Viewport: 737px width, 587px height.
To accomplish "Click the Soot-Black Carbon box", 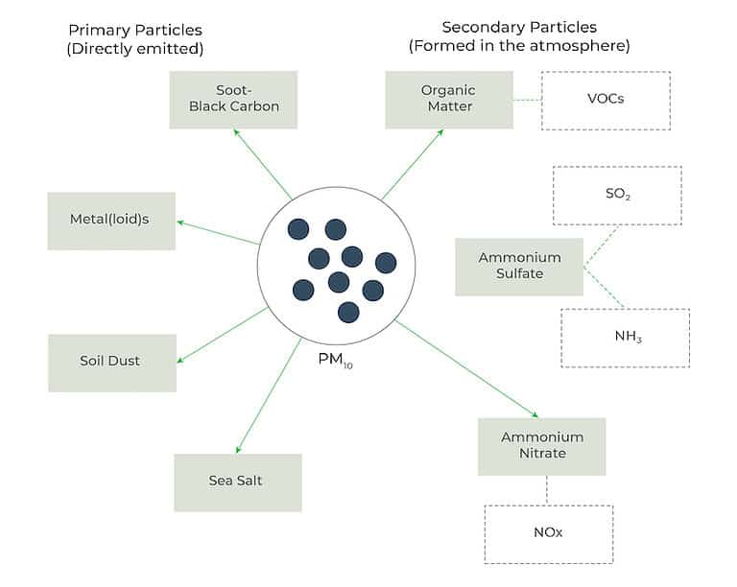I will pyautogui.click(x=233, y=99).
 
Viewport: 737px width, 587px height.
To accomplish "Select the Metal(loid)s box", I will pyautogui.click(x=111, y=221).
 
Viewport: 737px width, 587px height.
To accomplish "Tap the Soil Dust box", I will pyautogui.click(x=111, y=363).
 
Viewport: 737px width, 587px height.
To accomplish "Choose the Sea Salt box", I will pyautogui.click(x=237, y=481).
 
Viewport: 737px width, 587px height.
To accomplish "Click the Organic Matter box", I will pyautogui.click(x=448, y=99).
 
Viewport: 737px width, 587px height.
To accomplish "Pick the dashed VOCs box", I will pyautogui.click(x=605, y=100).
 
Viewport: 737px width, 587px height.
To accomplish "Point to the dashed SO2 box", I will pyautogui.click(x=616, y=195).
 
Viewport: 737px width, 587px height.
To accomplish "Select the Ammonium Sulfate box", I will pyautogui.click(x=519, y=267).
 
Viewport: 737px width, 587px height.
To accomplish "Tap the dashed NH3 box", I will pyautogui.click(x=625, y=338).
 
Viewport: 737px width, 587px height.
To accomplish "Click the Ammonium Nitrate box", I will pyautogui.click(x=542, y=446).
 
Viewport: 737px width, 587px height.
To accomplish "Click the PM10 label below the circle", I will pyautogui.click(x=336, y=363).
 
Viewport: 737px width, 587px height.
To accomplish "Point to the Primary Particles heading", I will pyautogui.click(x=135, y=38).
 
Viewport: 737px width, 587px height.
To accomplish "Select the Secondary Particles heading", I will pyautogui.click(x=519, y=35).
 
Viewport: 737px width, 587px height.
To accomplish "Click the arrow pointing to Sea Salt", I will pyautogui.click(x=271, y=393).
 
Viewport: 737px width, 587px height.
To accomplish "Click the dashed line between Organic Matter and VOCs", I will pyautogui.click(x=527, y=100).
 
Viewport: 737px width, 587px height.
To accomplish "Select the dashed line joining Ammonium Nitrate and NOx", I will pyautogui.click(x=546, y=490).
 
